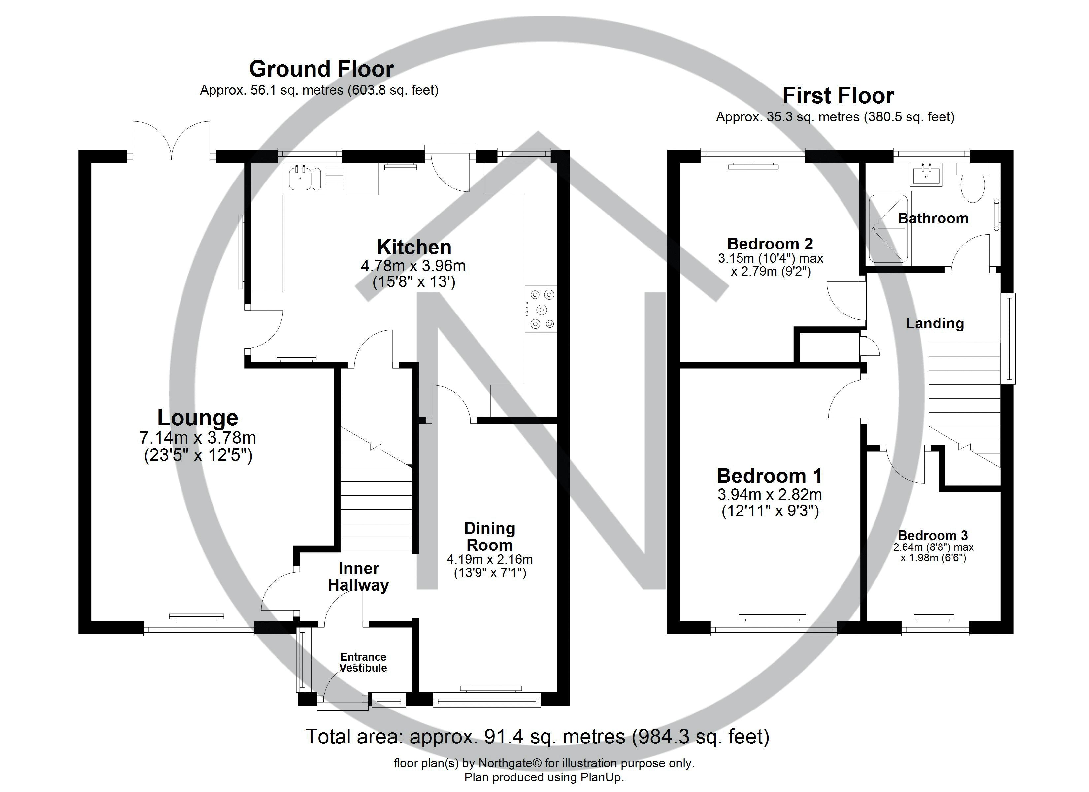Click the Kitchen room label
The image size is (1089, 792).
tap(414, 247)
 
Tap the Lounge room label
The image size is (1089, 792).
tap(197, 418)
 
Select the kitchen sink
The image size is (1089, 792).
tap(301, 179)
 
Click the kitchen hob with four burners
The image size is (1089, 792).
tap(541, 309)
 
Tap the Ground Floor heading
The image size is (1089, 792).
tap(321, 69)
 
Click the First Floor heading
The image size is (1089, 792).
tap(838, 96)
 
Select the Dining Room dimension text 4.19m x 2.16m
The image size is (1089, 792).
tap(489, 560)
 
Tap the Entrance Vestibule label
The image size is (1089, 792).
tap(363, 662)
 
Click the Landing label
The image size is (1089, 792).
tap(934, 324)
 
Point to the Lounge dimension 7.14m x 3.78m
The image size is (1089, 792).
tap(197, 438)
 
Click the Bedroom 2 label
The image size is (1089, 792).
tap(770, 244)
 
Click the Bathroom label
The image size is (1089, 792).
tap(933, 218)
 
